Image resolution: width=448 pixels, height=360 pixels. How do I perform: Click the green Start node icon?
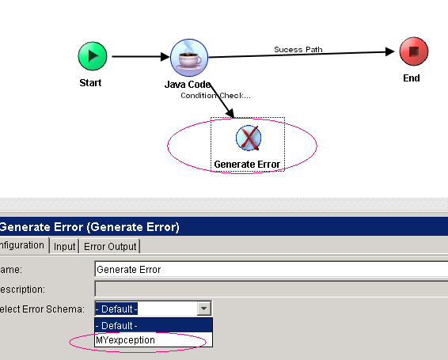tap(93, 56)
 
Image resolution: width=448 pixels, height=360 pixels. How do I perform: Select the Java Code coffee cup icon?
tap(189, 58)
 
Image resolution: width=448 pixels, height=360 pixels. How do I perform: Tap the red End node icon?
tap(414, 51)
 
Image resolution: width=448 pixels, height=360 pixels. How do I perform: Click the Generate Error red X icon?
tap(249, 138)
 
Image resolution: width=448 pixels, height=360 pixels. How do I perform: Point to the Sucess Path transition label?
tap(298, 49)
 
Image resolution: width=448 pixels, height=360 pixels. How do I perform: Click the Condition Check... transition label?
tap(216, 96)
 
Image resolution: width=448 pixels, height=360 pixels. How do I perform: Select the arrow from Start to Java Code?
tap(141, 57)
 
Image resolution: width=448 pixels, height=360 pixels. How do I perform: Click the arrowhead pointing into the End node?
tap(390, 51)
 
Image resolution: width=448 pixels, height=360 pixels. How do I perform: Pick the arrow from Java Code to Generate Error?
tap(222, 100)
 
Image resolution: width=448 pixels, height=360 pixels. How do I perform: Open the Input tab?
tap(65, 246)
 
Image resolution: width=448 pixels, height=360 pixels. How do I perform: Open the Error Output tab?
tap(110, 246)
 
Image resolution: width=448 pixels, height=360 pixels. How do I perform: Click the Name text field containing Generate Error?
tap(271, 270)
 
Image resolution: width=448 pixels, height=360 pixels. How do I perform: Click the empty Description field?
tap(271, 289)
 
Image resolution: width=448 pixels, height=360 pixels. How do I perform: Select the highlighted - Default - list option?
tap(154, 325)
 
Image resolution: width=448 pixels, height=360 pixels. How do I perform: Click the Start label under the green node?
tap(90, 83)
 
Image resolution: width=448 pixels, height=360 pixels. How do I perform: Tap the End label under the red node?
tap(412, 78)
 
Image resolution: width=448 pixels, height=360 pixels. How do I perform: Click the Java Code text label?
tap(188, 85)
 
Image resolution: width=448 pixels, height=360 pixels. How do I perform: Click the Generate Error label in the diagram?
tap(247, 165)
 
